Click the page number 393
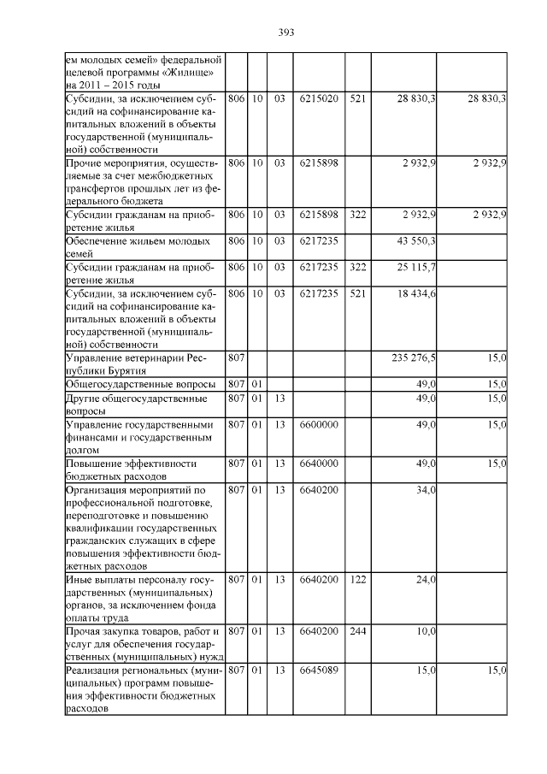click(x=285, y=32)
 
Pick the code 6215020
click(x=319, y=100)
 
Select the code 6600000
click(x=319, y=424)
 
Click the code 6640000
click(x=319, y=464)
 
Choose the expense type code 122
click(x=358, y=580)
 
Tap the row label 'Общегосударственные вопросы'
click(x=140, y=384)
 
